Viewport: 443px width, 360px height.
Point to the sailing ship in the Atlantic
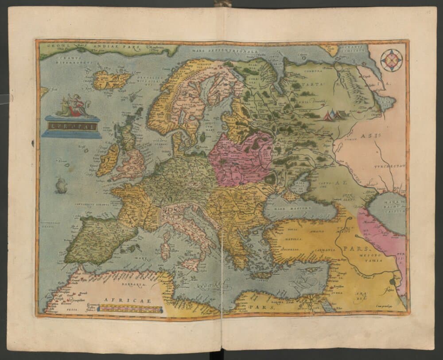(61, 185)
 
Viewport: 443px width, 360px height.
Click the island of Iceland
(112, 80)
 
